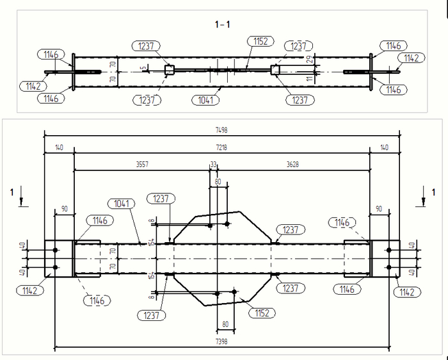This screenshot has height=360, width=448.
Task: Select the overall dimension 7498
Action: click(222, 129)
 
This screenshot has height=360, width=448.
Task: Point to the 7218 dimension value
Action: click(222, 147)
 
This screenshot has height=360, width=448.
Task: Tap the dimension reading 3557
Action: click(142, 165)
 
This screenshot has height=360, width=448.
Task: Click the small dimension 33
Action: click(213, 165)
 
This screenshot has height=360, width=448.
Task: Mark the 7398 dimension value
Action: click(222, 342)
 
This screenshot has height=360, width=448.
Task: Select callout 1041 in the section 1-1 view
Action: click(204, 100)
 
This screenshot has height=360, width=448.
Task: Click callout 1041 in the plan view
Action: click(122, 204)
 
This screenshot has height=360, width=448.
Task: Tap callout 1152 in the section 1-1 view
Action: click(260, 41)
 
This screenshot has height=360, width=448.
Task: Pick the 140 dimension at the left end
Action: click(59, 147)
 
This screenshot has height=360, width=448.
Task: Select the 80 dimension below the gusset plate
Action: click(225, 323)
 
